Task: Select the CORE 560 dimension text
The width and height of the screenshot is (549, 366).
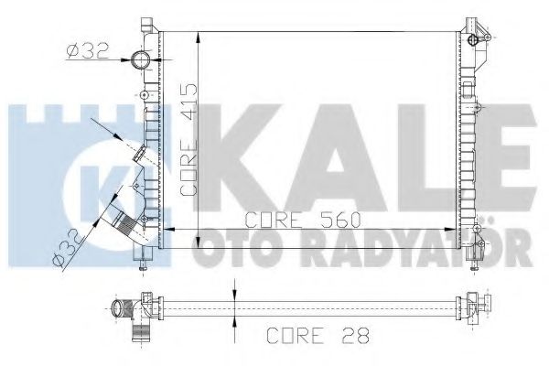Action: [x=299, y=219]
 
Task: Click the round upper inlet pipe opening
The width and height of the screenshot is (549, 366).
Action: [x=139, y=60]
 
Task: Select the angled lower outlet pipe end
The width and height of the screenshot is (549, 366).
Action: [x=114, y=220]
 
